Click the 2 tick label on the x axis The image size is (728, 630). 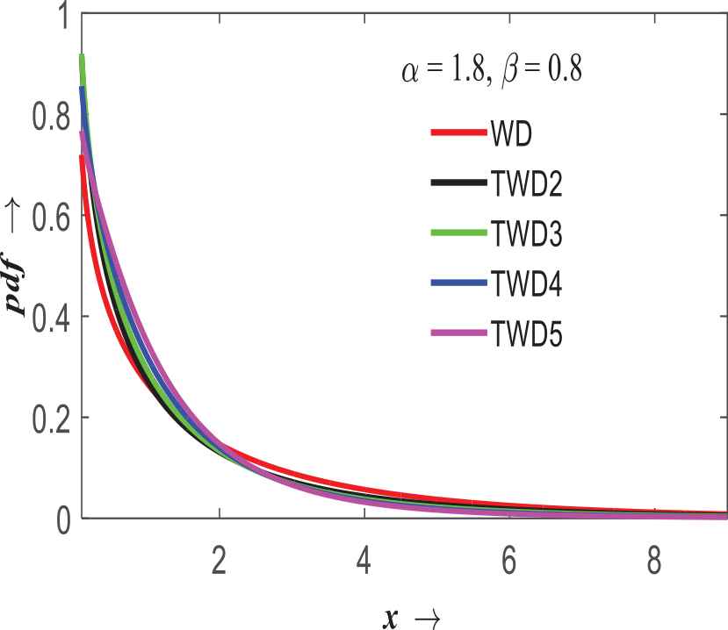pyautogui.click(x=219, y=561)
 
